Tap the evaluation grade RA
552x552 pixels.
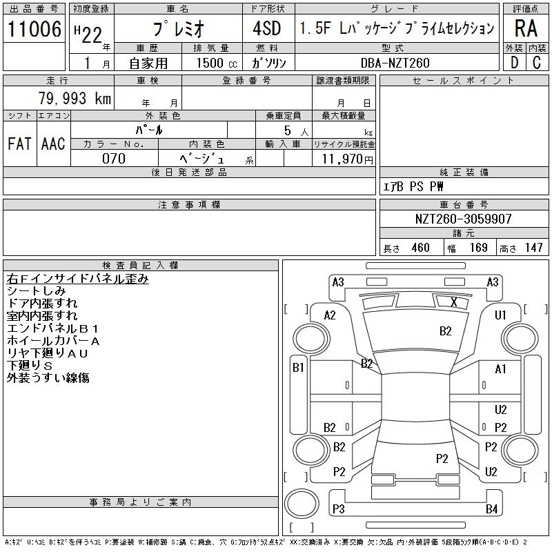pyautogui.click(x=526, y=29)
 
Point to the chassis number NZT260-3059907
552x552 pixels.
pyautogui.click(x=463, y=219)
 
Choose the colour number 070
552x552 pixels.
pyautogui.click(x=113, y=159)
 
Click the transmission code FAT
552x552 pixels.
pyautogui.click(x=19, y=144)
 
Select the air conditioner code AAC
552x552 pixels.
pyautogui.click(x=53, y=144)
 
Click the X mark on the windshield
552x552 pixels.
pyautogui.click(x=453, y=302)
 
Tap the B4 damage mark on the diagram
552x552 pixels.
pyautogui.click(x=491, y=509)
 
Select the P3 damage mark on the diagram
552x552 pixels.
pyautogui.click(x=338, y=509)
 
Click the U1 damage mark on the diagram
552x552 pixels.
pyautogui.click(x=501, y=315)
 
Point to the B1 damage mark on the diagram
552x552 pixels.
pyautogui.click(x=298, y=368)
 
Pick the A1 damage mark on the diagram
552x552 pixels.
pyautogui.click(x=501, y=369)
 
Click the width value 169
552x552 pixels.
pyautogui.click(x=478, y=248)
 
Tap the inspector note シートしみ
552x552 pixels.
pyautogui.click(x=36, y=291)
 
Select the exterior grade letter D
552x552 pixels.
pyautogui.click(x=513, y=63)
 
